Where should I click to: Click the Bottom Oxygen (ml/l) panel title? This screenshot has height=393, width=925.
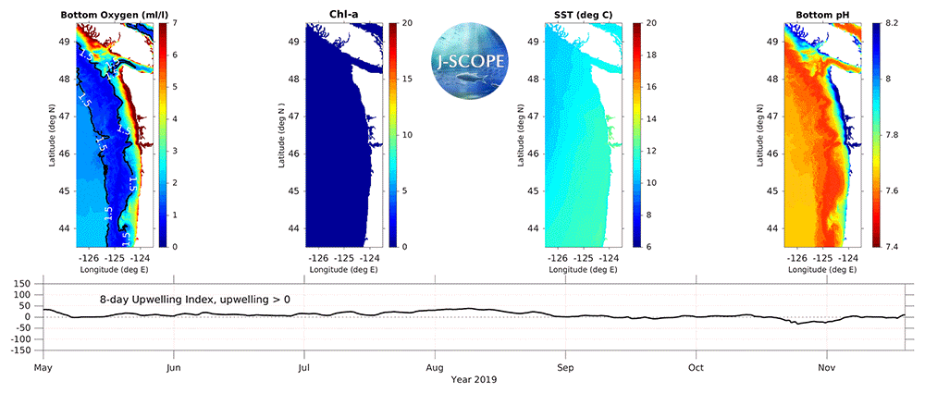tap(113, 14)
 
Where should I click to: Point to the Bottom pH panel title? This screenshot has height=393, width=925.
tap(820, 14)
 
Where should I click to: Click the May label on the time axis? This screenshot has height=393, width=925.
tap(42, 367)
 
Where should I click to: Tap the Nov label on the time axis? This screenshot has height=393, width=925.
tap(827, 367)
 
